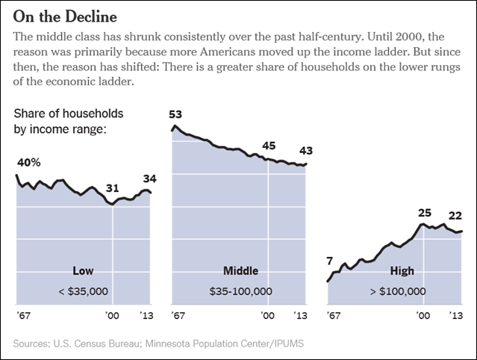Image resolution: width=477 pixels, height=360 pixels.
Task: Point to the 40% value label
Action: click(x=28, y=161)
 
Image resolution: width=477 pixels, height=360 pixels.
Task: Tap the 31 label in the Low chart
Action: click(x=112, y=187)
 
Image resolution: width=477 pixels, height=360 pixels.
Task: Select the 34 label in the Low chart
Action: click(x=149, y=179)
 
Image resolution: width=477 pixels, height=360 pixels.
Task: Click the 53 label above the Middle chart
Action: click(x=175, y=114)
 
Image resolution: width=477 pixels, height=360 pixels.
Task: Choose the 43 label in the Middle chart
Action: click(x=305, y=152)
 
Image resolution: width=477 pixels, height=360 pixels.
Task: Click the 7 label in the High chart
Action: click(x=329, y=261)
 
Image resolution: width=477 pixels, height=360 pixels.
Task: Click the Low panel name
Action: click(x=82, y=270)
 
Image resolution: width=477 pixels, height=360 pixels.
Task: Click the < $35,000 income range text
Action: click(x=83, y=291)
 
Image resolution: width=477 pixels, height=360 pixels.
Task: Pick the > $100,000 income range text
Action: click(x=396, y=291)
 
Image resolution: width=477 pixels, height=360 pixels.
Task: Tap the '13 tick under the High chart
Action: click(x=456, y=316)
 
